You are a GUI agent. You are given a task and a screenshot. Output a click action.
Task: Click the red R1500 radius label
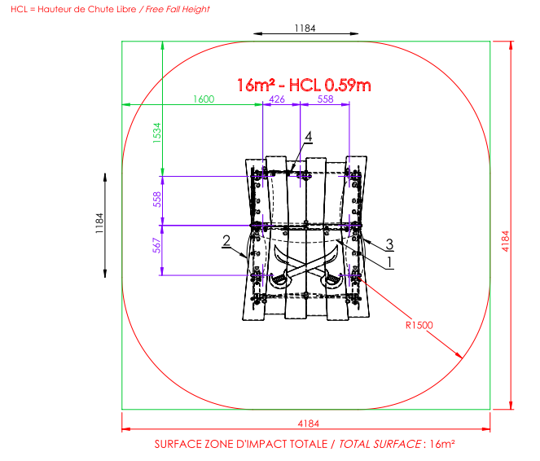tap(419, 325)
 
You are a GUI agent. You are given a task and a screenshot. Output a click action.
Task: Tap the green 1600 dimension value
tap(203, 99)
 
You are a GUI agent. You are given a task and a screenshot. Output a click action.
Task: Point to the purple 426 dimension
tap(277, 99)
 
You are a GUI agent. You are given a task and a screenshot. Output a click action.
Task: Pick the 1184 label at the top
tap(305, 28)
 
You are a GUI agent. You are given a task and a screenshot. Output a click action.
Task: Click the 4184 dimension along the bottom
tap(306, 422)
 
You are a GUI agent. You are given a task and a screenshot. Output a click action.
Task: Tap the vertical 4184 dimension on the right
tap(505, 239)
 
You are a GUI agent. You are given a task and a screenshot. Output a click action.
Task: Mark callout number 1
tap(389, 261)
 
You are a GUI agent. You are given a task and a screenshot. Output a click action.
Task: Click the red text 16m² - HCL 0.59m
tap(304, 84)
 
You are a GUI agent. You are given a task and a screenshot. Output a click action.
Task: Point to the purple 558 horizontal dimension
tap(325, 99)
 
